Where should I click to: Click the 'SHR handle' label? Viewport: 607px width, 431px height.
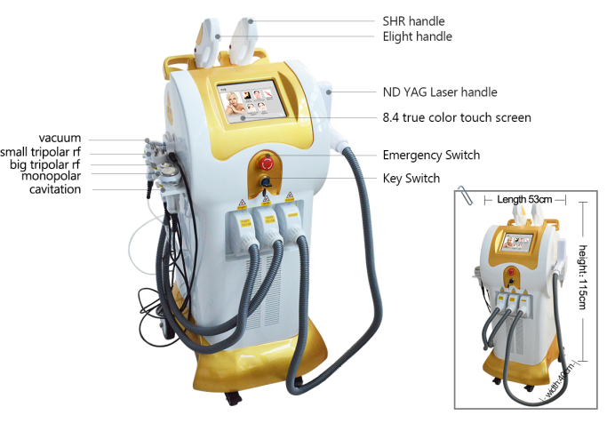(413, 21)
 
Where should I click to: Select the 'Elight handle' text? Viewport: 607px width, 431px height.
(418, 36)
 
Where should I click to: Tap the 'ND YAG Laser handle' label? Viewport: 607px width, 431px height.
(440, 92)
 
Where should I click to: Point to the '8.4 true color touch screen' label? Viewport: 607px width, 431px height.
(457, 117)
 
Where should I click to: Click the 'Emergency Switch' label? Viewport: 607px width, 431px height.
(431, 156)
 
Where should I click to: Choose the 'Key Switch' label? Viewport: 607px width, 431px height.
(411, 179)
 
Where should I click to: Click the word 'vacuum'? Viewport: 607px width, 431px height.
(60, 139)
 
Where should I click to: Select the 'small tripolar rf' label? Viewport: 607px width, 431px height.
(40, 152)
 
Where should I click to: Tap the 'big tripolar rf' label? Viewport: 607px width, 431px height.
(44, 164)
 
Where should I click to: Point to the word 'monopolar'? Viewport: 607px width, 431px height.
(51, 176)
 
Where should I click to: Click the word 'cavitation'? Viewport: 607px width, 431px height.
(55, 189)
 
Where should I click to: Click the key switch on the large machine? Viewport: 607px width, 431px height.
(266, 181)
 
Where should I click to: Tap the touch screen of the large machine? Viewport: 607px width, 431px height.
(252, 101)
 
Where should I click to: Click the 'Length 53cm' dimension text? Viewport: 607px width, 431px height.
(524, 200)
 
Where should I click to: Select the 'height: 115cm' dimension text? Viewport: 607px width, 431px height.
(583, 277)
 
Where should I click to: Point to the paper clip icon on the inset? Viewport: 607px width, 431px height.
(465, 196)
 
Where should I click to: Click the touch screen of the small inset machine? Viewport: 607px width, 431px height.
(517, 243)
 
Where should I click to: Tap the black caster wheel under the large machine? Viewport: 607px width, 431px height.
(233, 398)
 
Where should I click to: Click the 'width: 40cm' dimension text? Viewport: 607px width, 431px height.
(560, 380)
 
